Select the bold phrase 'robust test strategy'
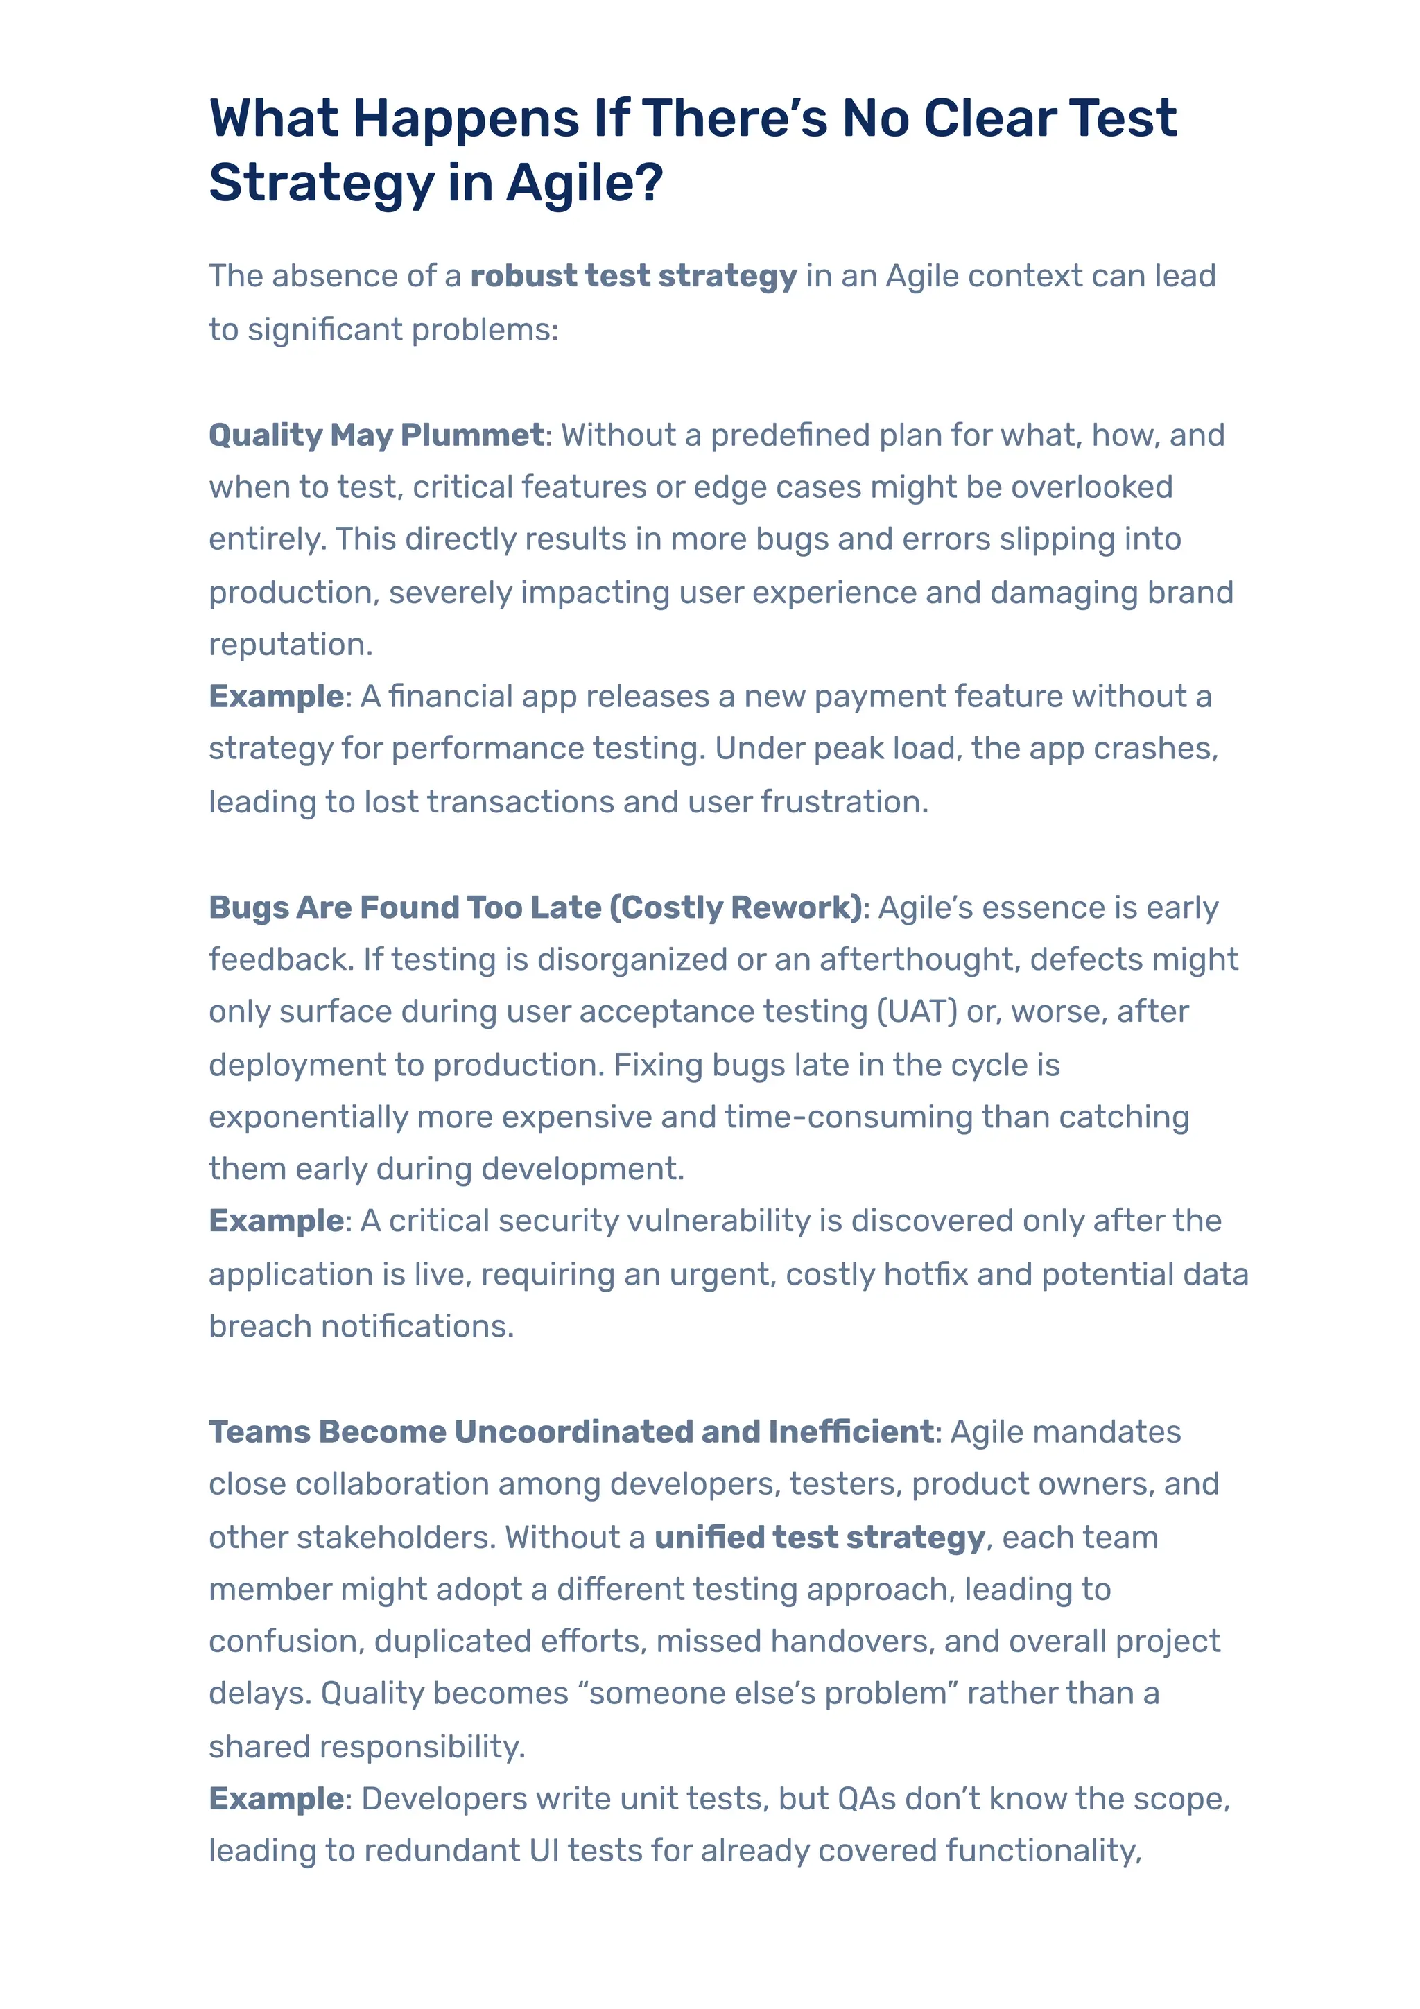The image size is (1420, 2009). coord(634,276)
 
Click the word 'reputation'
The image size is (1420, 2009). coord(288,645)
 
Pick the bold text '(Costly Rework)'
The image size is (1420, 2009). coord(735,907)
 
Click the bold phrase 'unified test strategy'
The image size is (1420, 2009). coord(820,1538)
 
